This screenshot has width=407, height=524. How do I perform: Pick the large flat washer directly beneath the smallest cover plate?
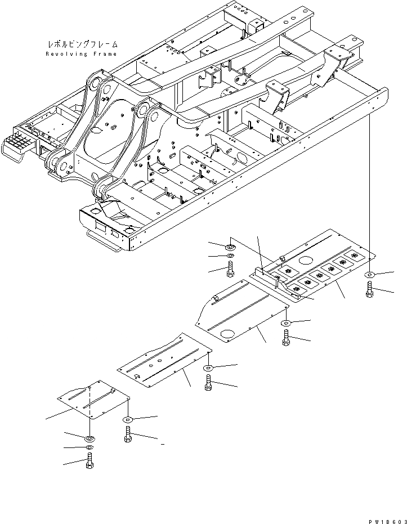tap(90, 438)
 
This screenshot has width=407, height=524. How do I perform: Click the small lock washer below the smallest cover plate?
tap(90, 449)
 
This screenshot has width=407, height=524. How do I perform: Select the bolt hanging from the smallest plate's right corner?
tap(128, 435)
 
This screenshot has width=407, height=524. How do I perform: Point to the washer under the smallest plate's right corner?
tap(128, 420)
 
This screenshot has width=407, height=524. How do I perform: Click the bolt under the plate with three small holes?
tap(208, 384)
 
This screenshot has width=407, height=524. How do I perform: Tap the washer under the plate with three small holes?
tap(208, 369)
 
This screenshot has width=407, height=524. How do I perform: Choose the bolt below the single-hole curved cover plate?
tap(287, 338)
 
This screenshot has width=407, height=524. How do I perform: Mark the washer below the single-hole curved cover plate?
tap(287, 323)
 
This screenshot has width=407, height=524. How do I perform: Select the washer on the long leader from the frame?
tap(369, 275)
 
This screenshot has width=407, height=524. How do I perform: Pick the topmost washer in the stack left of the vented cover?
tap(231, 247)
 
